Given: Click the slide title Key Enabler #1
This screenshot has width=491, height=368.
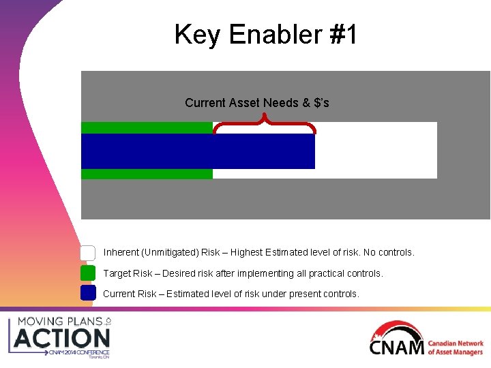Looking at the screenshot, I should [265, 34].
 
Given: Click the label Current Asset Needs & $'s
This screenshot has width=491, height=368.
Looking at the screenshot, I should [256, 103].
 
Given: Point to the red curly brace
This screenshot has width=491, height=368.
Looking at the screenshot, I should [264, 123].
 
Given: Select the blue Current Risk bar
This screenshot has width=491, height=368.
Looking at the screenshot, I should [198, 151].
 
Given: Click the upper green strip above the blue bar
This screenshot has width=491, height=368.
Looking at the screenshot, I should [147, 127].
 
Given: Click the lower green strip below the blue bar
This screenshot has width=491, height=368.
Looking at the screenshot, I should [147, 174].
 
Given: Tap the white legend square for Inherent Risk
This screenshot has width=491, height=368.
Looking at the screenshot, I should [88, 253].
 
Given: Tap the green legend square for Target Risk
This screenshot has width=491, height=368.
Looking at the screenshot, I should [88, 273].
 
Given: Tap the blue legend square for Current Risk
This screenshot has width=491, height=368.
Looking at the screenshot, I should [88, 294].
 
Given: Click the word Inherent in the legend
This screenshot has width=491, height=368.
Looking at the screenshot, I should [121, 253].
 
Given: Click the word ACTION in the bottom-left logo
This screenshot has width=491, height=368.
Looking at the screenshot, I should [62, 338].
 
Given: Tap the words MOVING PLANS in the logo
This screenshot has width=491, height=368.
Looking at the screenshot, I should [60, 321].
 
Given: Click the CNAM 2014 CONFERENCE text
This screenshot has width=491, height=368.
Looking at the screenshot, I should [78, 352].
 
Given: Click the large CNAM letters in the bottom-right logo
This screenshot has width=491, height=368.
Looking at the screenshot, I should [397, 348].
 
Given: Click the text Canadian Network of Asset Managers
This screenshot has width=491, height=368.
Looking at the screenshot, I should [456, 348].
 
